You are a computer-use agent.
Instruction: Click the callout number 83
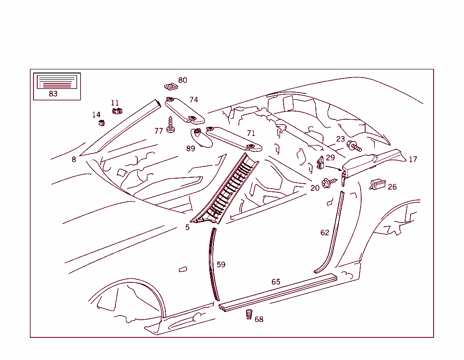pyautogui.click(x=53, y=94)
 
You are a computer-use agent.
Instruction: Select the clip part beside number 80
pyautogui.click(x=169, y=85)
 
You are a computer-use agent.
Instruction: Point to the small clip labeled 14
pyautogui.click(x=101, y=122)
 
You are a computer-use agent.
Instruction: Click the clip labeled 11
pyautogui.click(x=117, y=111)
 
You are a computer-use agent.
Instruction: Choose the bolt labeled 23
pyautogui.click(x=353, y=146)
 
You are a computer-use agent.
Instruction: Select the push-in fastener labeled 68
pyautogui.click(x=249, y=314)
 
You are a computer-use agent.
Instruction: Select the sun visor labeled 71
pyautogui.click(x=233, y=138)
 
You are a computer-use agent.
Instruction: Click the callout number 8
pyautogui.click(x=74, y=159)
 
